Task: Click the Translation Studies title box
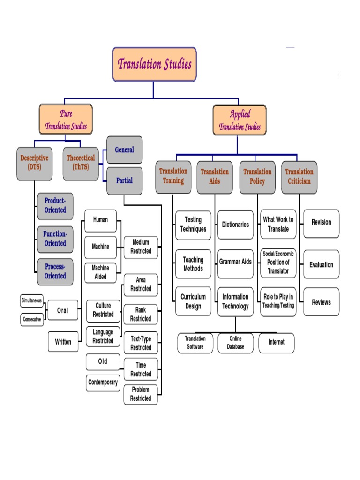[154, 64]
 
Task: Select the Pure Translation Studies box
[66, 120]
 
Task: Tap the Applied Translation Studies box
[240, 120]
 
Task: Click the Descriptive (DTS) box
[34, 163]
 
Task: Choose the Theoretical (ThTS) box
[81, 163]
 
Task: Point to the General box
[124, 150]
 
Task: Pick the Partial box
[124, 180]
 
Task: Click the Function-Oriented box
[55, 239]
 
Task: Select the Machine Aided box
[100, 272]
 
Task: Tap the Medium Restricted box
[141, 247]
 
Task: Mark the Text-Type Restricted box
[141, 343]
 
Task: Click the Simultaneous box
[32, 300]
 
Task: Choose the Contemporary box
[103, 382]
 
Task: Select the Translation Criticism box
[299, 177]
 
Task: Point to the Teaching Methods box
[193, 264]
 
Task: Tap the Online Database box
[236, 343]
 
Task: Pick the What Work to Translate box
[278, 224]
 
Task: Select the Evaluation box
[321, 265]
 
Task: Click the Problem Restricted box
[141, 394]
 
